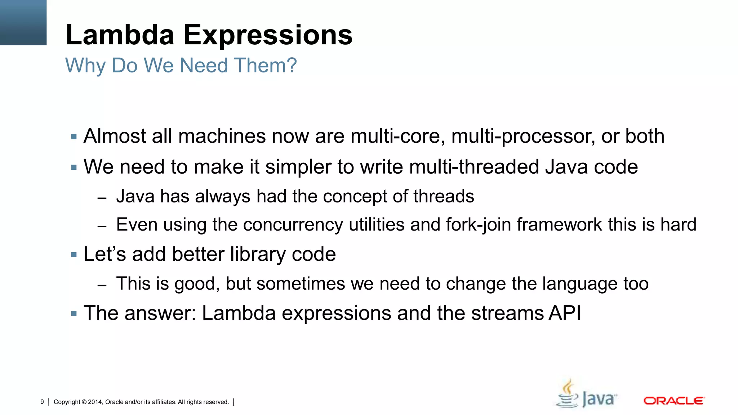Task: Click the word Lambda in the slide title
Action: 120,35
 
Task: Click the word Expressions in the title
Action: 268,35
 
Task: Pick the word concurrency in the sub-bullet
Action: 293,225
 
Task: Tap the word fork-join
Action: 479,225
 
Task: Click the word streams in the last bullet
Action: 507,313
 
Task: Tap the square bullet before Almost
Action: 74,137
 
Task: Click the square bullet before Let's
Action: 74,255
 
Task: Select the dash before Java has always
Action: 102,198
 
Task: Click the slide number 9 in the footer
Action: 42,402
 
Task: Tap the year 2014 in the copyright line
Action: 95,402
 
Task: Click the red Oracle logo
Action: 674,401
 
